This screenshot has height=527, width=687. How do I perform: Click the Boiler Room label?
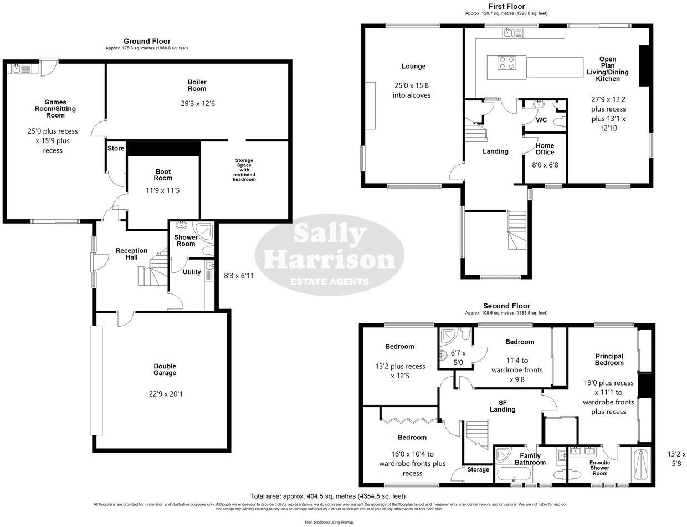click(197, 85)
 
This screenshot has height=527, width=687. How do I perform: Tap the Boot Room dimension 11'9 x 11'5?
click(163, 190)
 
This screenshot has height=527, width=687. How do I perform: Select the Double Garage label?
click(165, 369)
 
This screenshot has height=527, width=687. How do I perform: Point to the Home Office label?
click(545, 149)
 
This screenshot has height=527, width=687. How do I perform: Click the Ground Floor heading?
click(147, 41)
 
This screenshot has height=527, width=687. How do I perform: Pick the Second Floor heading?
click(506, 306)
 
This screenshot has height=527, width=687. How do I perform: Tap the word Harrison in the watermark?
click(330, 259)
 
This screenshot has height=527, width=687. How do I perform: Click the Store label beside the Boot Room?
click(116, 148)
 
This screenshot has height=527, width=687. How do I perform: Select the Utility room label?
click(192, 272)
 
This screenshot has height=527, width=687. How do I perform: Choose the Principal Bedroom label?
click(609, 359)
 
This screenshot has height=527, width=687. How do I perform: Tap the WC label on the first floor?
click(541, 120)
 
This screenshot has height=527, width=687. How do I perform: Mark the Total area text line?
click(327, 496)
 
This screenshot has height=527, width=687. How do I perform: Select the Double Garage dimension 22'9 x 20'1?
click(165, 394)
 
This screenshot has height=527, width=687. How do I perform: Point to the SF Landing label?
click(503, 406)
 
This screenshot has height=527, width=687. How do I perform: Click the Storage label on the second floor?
click(478, 469)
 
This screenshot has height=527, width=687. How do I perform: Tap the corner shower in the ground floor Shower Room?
click(206, 230)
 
